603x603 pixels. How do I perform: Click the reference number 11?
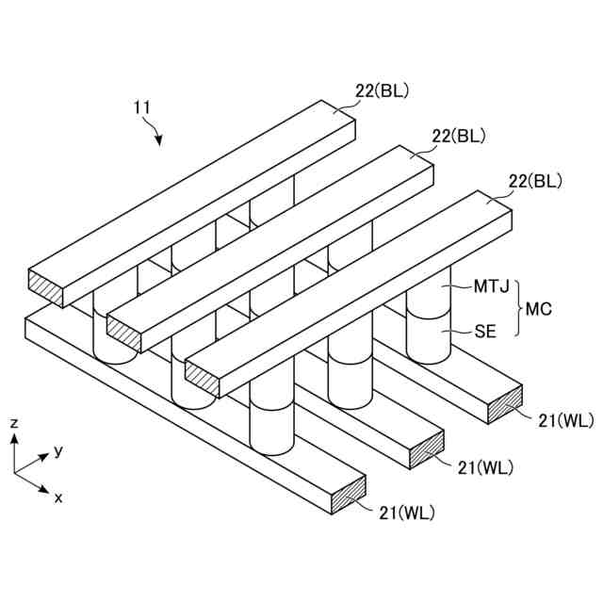(142, 109)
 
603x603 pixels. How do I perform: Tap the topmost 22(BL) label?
(382, 90)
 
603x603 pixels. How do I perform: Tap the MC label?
(538, 308)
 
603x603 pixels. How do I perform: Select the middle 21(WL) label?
(486, 466)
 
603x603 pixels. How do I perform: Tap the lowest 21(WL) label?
(407, 513)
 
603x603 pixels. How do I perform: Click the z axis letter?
(13, 424)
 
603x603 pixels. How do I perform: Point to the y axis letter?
(58, 450)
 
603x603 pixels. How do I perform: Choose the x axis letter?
(58, 497)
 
